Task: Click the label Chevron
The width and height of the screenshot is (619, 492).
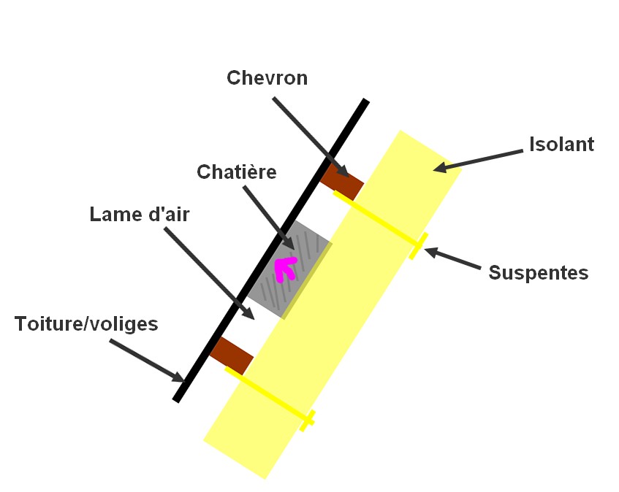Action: tap(267, 78)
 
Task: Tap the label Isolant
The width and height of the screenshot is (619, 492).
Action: tap(561, 145)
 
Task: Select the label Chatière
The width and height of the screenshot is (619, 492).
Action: tap(236, 172)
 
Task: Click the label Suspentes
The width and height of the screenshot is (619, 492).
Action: tap(538, 273)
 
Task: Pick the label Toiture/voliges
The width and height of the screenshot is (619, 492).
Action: tap(86, 324)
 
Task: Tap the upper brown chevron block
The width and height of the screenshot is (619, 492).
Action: tap(341, 182)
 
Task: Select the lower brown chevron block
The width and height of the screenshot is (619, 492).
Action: tap(231, 355)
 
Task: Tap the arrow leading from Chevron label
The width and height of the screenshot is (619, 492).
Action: tap(306, 132)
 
